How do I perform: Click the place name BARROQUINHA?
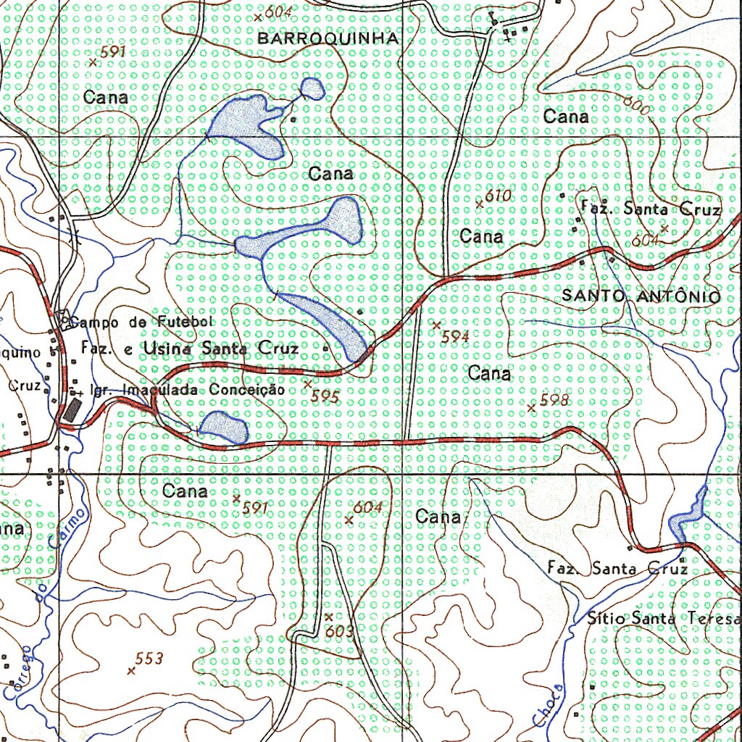(x=328, y=38)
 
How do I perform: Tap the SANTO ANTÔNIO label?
(x=641, y=296)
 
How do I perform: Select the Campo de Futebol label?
(x=142, y=321)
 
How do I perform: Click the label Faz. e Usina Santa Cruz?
(x=190, y=349)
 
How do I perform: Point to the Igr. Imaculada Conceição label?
(x=185, y=389)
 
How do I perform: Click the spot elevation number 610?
(x=498, y=196)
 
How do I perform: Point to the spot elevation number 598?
(x=555, y=400)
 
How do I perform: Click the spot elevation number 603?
(x=339, y=632)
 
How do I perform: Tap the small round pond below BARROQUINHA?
(x=313, y=88)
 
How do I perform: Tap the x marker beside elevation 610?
(x=479, y=204)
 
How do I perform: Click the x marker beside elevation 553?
(x=131, y=671)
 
